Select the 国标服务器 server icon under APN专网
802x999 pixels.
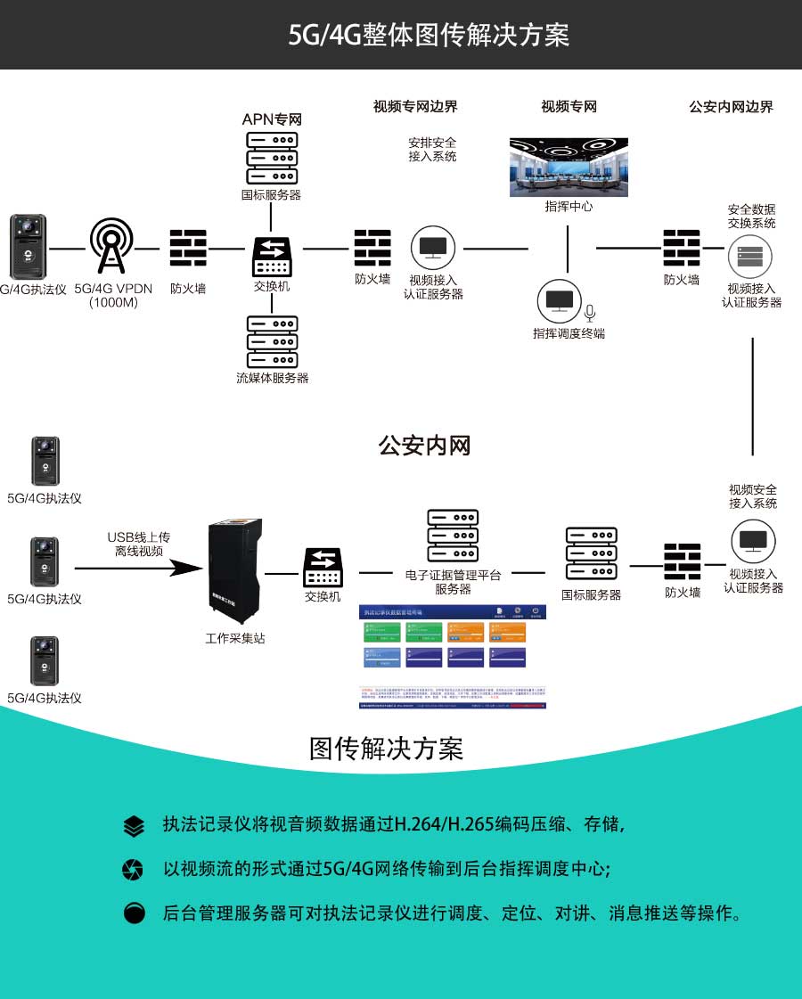(x=271, y=159)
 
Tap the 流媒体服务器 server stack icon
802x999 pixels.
(x=271, y=342)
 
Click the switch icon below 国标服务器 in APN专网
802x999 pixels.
(x=271, y=256)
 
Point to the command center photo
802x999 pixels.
(x=569, y=167)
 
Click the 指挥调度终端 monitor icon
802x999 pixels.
(x=560, y=301)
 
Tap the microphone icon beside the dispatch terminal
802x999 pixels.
(x=589, y=312)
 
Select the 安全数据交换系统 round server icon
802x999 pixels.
(x=750, y=257)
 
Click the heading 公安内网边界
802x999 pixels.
(x=731, y=107)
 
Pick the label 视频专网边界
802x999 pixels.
(x=415, y=107)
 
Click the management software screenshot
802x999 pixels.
(x=452, y=657)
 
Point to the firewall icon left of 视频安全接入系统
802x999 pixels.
(x=683, y=561)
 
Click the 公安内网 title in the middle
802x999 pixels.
(x=424, y=446)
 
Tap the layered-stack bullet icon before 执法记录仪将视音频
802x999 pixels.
(x=134, y=826)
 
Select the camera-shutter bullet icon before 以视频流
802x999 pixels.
(x=134, y=870)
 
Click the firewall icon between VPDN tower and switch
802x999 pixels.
(x=188, y=249)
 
